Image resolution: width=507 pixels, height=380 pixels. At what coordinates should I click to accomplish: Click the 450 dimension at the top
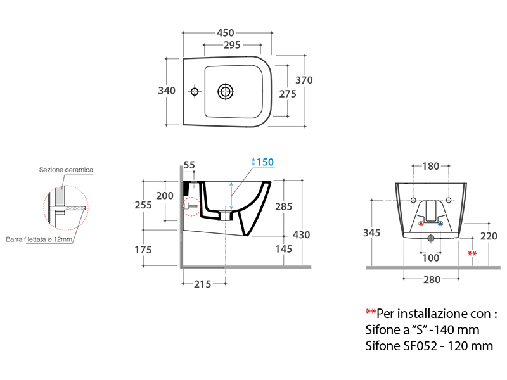[x=226, y=33]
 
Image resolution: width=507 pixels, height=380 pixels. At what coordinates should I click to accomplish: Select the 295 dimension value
[x=233, y=45]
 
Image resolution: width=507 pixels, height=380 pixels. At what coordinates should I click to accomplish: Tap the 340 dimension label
[x=167, y=91]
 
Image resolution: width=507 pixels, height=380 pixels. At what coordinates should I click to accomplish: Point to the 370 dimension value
[x=304, y=80]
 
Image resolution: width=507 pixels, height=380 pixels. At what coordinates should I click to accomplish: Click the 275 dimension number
[x=288, y=93]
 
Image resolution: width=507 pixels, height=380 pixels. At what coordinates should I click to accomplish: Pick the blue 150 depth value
[x=265, y=162]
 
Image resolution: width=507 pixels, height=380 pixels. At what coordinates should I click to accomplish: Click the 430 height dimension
[x=301, y=234]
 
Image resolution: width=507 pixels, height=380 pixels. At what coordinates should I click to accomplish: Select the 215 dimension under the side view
[x=202, y=284]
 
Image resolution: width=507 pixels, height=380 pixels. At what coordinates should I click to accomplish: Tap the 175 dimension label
[x=143, y=250]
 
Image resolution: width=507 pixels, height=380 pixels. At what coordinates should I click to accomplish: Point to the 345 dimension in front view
[x=372, y=232]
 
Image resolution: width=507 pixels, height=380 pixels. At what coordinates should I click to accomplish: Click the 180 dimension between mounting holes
[x=430, y=167]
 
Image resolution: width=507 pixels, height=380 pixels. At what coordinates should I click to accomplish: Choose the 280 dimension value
[x=430, y=280]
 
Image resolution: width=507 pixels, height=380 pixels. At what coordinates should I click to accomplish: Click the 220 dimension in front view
[x=488, y=236]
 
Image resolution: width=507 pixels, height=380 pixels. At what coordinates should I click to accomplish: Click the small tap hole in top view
[x=195, y=91]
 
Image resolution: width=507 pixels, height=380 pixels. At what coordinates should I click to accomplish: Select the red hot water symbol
[x=421, y=224]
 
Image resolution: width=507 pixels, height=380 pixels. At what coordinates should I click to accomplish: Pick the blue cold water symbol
[x=440, y=224]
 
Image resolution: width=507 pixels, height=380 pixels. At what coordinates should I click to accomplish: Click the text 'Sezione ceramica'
[x=66, y=170]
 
